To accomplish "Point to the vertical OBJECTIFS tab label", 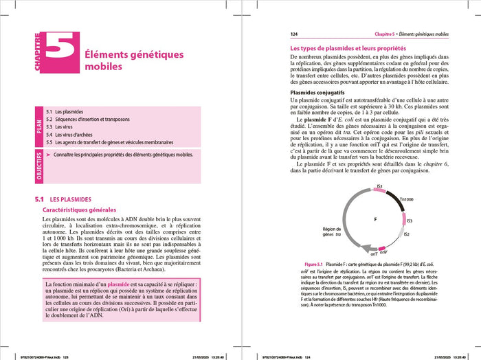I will tap(38, 166).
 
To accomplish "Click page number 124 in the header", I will tap(294, 33).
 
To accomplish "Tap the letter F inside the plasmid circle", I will tap(375, 219).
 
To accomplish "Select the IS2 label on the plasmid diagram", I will tap(406, 234).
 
